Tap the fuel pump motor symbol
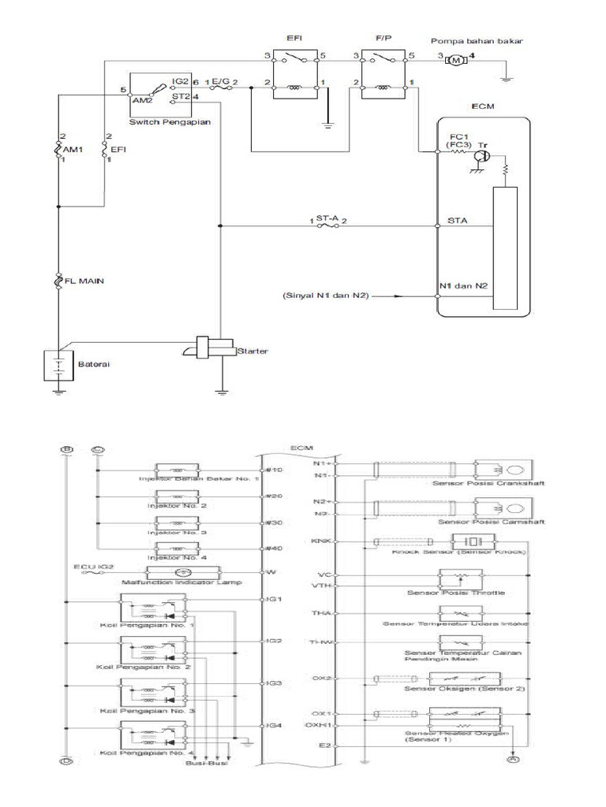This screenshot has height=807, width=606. click(x=457, y=60)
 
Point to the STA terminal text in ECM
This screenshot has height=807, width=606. click(x=457, y=221)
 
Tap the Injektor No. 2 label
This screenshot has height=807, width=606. click(x=181, y=505)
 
